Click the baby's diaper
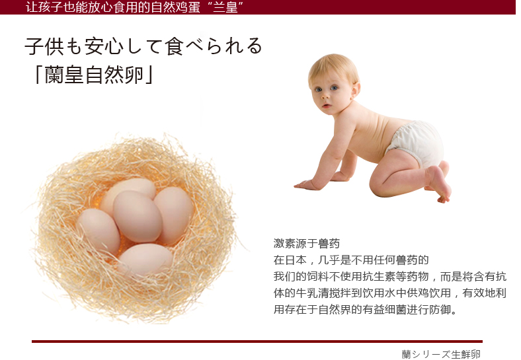point(415,143)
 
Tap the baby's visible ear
point(356,90)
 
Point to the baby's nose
point(325,96)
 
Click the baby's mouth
point(327,106)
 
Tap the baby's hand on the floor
point(307,184)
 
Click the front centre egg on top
point(138,216)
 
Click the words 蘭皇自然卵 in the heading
point(94,75)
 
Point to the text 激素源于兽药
point(307,244)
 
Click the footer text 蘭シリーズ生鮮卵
point(441,354)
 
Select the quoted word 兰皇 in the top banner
point(225,7)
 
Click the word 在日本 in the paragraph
point(290,260)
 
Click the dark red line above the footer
point(257,341)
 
